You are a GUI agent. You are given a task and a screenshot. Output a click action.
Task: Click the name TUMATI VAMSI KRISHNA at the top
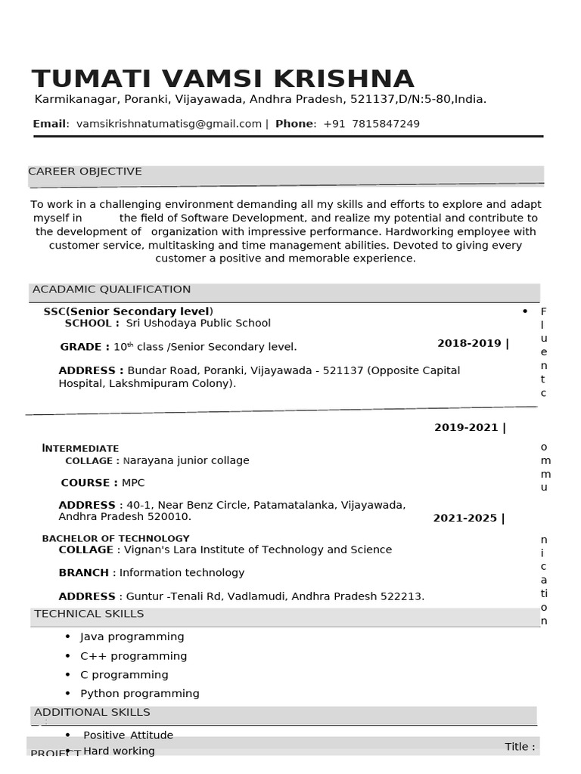coord(222,79)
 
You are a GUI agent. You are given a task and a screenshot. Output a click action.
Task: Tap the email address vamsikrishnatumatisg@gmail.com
coord(169,124)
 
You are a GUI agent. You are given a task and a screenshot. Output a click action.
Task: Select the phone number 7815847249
coord(386,124)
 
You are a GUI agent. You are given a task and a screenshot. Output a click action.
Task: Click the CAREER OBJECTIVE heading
coord(85,172)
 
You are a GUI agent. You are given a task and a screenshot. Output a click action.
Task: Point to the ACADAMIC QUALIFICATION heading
coord(111,289)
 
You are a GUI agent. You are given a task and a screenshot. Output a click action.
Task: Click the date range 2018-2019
coord(469,344)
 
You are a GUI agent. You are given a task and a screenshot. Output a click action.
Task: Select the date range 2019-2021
coord(466,428)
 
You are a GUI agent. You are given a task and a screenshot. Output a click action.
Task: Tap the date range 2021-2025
coord(465,519)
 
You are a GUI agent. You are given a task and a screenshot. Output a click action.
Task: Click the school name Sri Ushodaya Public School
coord(198,324)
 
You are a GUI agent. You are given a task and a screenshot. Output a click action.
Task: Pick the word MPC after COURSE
coord(133,483)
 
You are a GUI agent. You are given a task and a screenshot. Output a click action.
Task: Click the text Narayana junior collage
coord(186,461)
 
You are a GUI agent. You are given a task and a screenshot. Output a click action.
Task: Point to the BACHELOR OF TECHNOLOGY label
coord(105,539)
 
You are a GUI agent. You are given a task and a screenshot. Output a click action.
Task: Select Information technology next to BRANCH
coord(182,573)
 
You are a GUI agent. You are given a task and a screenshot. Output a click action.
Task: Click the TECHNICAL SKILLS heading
coord(89,614)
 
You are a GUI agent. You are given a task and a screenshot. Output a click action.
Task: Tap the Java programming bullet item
coord(132,637)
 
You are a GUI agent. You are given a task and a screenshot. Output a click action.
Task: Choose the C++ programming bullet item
coord(134,656)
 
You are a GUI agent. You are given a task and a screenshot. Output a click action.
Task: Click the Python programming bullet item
coord(140,694)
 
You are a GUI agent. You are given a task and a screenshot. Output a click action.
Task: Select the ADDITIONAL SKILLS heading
coord(92,713)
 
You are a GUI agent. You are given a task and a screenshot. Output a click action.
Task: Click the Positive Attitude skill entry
coord(128,735)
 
